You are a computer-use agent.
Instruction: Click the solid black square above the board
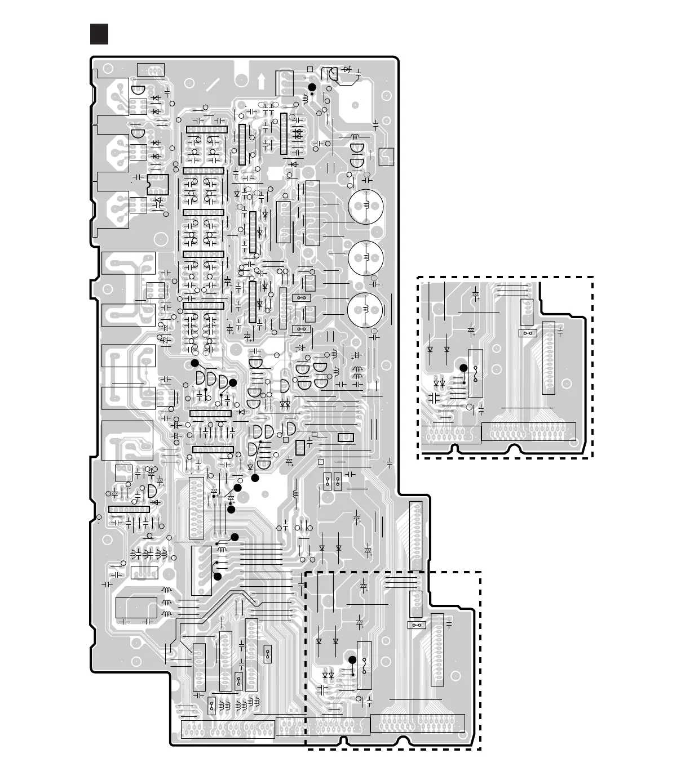(x=99, y=34)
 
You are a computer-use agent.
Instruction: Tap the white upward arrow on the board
(x=261, y=81)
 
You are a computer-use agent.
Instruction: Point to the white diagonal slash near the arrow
(x=213, y=85)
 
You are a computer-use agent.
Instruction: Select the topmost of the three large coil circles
(x=366, y=206)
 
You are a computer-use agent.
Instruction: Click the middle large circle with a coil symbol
(x=366, y=258)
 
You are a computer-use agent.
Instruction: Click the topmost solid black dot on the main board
(x=311, y=87)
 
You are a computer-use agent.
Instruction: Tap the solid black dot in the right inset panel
(x=463, y=368)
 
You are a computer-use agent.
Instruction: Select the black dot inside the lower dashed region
(x=352, y=660)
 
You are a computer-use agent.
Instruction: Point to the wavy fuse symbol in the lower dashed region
(x=365, y=666)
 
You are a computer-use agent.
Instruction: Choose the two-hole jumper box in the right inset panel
(x=528, y=333)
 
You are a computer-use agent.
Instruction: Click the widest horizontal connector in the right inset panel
(x=529, y=432)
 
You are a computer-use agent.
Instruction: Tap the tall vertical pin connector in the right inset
(x=548, y=358)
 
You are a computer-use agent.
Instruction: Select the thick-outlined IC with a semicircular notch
(x=158, y=185)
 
